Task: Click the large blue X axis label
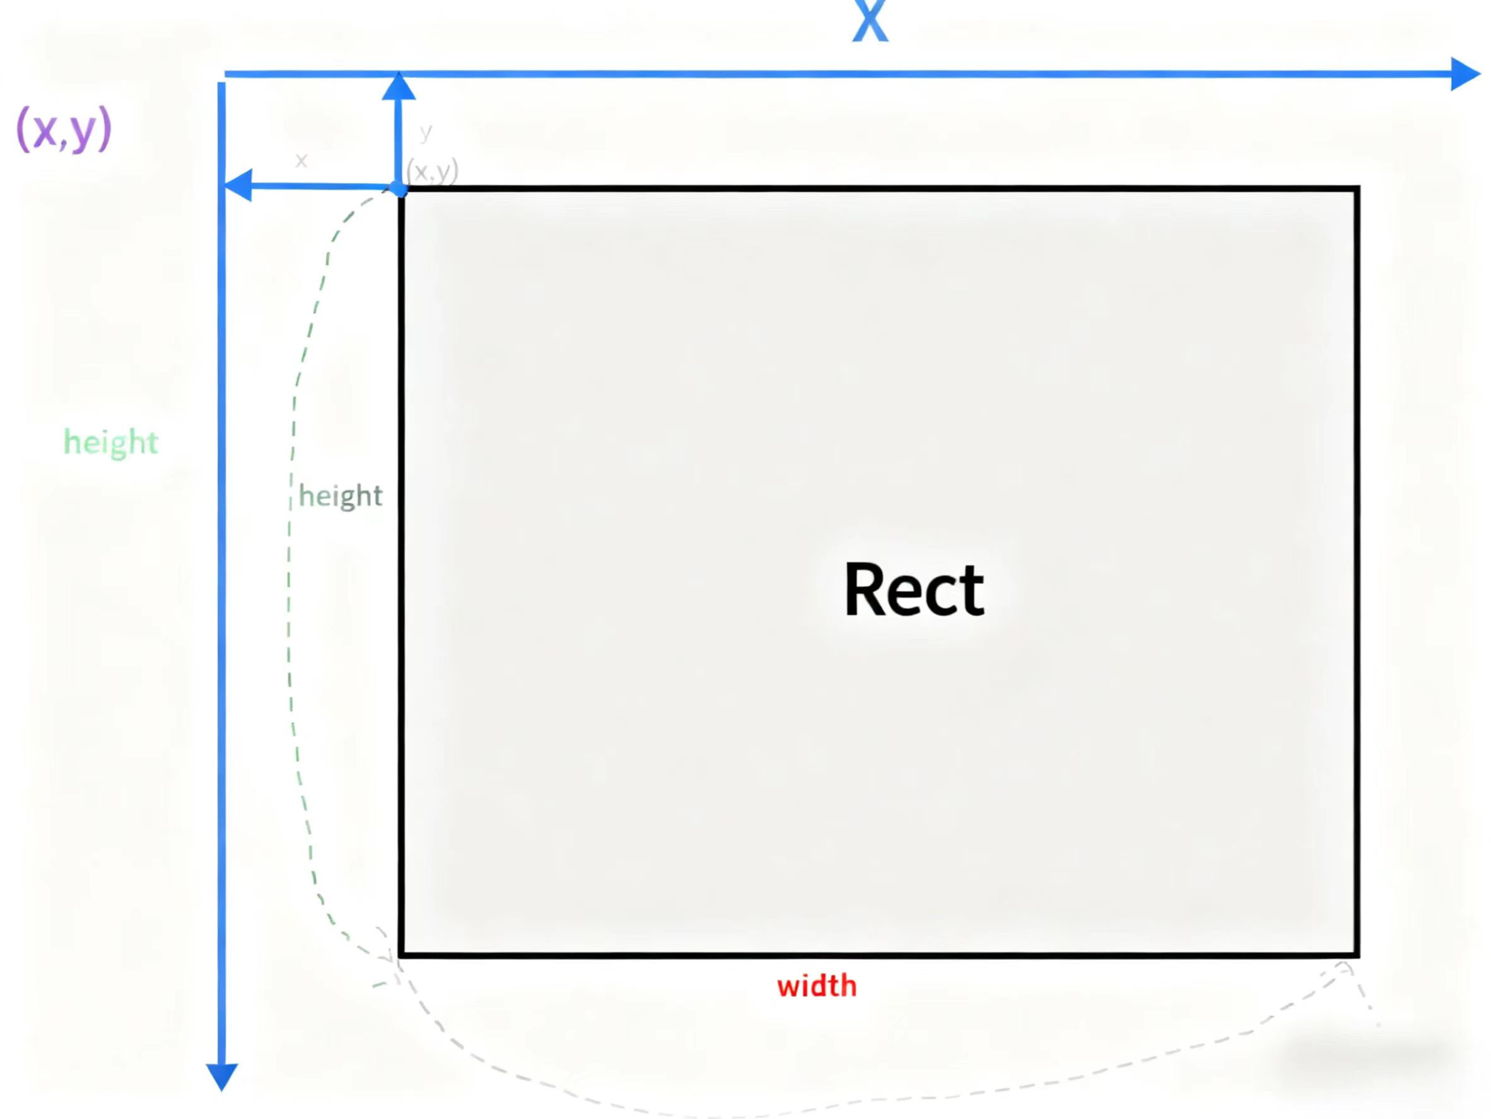(870, 21)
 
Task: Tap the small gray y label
(425, 131)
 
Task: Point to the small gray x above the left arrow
(301, 160)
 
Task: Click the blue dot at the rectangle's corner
(399, 189)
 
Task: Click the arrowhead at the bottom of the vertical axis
(222, 1075)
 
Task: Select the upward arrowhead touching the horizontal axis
(399, 88)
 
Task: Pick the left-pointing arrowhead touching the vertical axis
(238, 185)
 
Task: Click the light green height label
(110, 442)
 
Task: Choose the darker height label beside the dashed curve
(341, 496)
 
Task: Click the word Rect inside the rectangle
(913, 589)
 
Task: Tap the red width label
(816, 986)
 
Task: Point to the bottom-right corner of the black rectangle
(1356, 954)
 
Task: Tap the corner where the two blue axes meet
(223, 75)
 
